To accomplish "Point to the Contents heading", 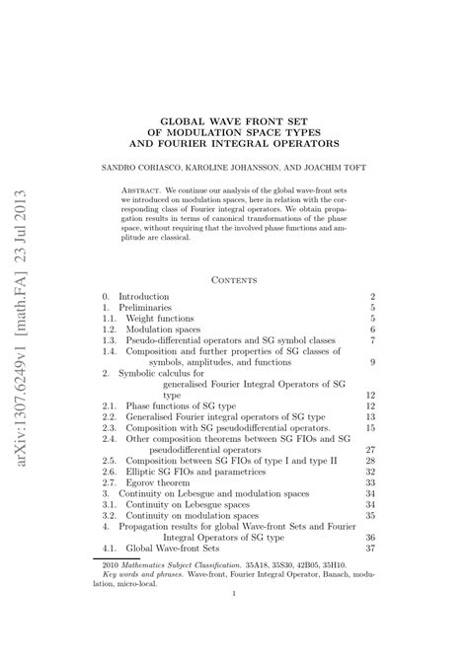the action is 234,279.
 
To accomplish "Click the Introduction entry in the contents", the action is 144,296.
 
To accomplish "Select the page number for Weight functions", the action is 372,320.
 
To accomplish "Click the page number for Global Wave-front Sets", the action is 370,549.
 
